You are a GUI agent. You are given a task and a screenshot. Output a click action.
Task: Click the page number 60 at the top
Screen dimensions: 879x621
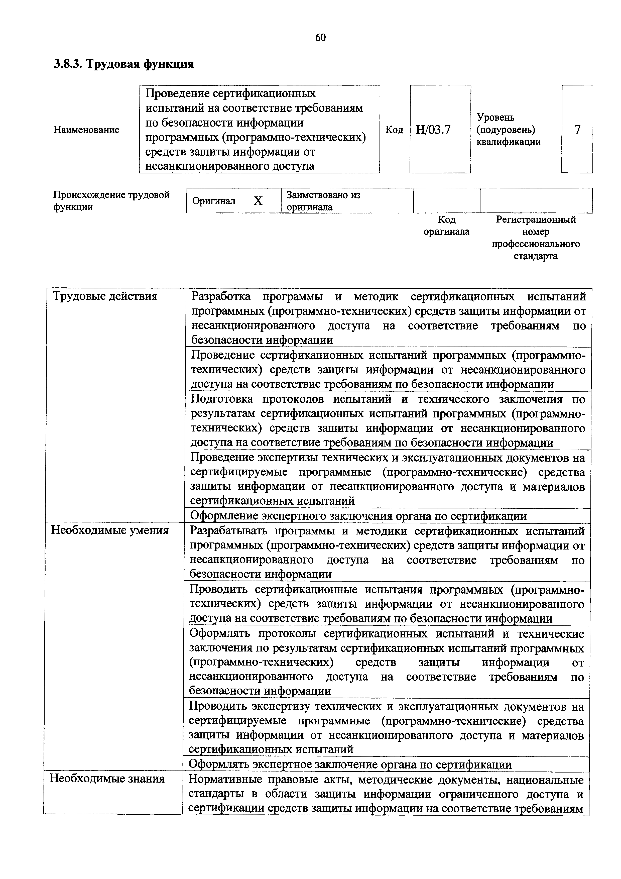320,38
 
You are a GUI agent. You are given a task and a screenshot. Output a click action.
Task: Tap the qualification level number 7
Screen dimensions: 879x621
577,130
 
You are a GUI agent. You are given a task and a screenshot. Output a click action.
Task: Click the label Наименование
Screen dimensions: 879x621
86,130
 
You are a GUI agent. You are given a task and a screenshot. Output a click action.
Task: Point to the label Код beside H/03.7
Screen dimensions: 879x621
394,130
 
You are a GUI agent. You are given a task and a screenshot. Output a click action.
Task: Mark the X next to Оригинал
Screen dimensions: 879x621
258,201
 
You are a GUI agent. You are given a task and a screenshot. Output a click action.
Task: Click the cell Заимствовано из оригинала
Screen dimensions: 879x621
323,201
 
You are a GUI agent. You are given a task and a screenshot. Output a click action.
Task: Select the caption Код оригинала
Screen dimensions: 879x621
446,226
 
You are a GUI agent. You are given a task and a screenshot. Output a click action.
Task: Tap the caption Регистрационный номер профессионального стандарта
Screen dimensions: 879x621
535,238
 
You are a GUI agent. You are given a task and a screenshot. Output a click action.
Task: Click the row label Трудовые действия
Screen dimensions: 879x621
105,296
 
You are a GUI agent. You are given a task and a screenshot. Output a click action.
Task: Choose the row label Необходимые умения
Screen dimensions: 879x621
110,530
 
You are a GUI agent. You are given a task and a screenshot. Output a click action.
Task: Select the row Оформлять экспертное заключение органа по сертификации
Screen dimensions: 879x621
350,765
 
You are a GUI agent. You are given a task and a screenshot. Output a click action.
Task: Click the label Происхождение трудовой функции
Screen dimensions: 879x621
111,201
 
